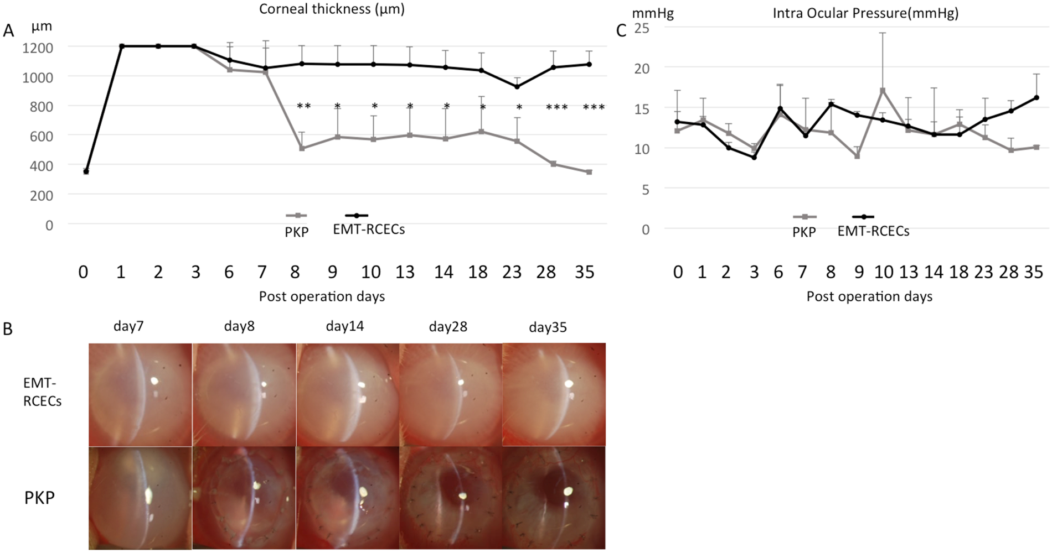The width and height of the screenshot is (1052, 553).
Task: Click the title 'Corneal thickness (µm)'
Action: pyautogui.click(x=332, y=9)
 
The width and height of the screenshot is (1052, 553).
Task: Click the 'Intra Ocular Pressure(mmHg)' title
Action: pyautogui.click(x=865, y=13)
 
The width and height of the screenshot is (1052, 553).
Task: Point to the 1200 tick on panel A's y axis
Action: pyautogui.click(x=38, y=48)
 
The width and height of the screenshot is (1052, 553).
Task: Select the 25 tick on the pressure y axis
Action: pyautogui.click(x=641, y=28)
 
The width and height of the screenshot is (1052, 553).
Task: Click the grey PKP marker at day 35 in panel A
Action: pyautogui.click(x=589, y=172)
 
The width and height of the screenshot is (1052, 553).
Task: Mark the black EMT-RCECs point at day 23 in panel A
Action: pyautogui.click(x=517, y=87)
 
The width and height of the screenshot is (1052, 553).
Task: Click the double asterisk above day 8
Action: pyautogui.click(x=303, y=106)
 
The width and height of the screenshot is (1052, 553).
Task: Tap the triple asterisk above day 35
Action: pyautogui.click(x=594, y=107)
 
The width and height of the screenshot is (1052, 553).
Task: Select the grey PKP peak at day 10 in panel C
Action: pyautogui.click(x=883, y=90)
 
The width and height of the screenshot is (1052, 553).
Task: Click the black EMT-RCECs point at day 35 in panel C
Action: pyautogui.click(x=1036, y=98)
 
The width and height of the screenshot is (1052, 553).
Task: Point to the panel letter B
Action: pyautogui.click(x=8, y=329)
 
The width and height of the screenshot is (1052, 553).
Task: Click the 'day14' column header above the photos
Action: pyautogui.click(x=345, y=326)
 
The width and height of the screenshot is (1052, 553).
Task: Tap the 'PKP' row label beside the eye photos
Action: pyautogui.click(x=39, y=498)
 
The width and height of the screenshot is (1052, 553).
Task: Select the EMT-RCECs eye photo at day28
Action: pyautogui.click(x=450, y=394)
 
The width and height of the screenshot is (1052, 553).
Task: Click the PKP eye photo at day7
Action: pyautogui.click(x=140, y=498)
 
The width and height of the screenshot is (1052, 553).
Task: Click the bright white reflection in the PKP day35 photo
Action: pyautogui.click(x=568, y=491)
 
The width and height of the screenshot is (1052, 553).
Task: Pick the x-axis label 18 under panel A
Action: pyautogui.click(x=478, y=272)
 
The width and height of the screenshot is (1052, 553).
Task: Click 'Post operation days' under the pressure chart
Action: pyautogui.click(x=869, y=296)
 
